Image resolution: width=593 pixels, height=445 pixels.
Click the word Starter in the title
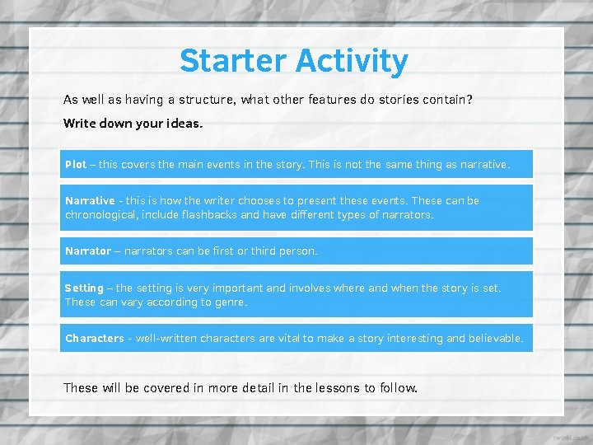(x=233, y=61)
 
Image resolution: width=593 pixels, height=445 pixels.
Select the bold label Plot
(x=76, y=164)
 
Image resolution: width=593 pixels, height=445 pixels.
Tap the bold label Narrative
(x=90, y=200)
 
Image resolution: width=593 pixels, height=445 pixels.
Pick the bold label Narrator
(x=87, y=251)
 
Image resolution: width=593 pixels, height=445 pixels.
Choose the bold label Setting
(x=84, y=288)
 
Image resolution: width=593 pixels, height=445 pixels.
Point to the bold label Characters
(x=94, y=338)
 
